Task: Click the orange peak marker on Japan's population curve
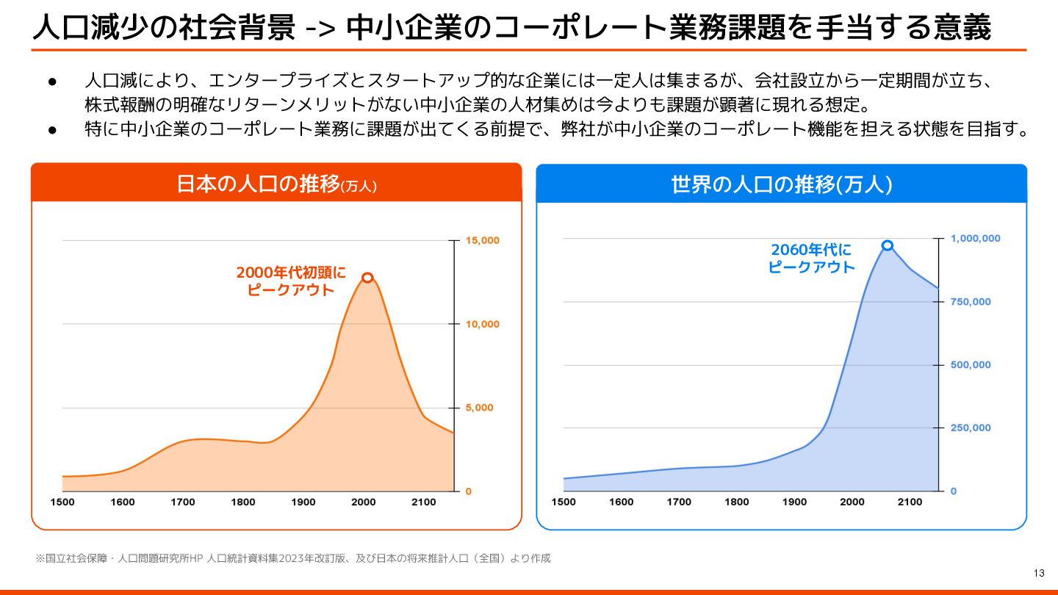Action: click(x=367, y=277)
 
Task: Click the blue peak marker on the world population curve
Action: click(x=888, y=245)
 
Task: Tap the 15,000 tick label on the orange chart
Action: click(x=483, y=240)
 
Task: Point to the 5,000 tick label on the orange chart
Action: click(x=480, y=408)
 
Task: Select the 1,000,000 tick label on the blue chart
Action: click(x=975, y=239)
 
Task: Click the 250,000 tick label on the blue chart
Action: click(x=971, y=428)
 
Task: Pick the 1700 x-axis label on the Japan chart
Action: click(x=183, y=502)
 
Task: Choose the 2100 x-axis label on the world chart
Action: click(x=910, y=502)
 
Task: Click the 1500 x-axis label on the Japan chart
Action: click(x=62, y=502)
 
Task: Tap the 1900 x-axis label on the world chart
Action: click(x=794, y=502)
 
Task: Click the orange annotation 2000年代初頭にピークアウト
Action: click(x=291, y=281)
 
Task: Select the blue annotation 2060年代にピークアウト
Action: click(x=811, y=259)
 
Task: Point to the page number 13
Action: click(x=1038, y=573)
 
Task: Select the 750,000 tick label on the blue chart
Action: click(x=971, y=302)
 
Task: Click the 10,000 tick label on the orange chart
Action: click(x=483, y=324)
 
